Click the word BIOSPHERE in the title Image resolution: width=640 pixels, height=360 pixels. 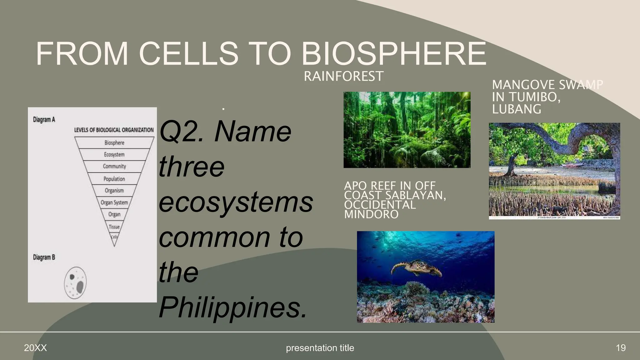click(393, 54)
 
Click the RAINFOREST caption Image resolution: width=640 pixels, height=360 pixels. click(343, 76)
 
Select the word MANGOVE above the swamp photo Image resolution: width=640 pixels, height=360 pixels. click(523, 85)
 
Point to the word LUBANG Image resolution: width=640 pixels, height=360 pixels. click(517, 109)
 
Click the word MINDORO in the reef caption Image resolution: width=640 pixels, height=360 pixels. click(371, 214)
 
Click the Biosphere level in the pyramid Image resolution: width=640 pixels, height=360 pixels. click(114, 143)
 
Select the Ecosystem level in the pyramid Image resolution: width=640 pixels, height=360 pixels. click(114, 155)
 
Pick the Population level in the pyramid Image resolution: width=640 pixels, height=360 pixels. click(114, 179)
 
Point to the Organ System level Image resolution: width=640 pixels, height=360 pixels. click(114, 202)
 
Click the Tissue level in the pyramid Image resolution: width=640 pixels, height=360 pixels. click(114, 227)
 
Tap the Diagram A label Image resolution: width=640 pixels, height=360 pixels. click(44, 120)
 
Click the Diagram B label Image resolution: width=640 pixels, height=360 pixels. click(44, 257)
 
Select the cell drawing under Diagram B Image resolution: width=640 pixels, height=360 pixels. click(75, 283)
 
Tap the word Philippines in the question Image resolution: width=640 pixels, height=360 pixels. click(233, 307)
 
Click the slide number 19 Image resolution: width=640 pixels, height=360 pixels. click(621, 348)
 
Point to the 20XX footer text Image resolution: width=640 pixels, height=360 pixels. click(35, 348)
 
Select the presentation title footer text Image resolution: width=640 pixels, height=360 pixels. click(320, 348)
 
